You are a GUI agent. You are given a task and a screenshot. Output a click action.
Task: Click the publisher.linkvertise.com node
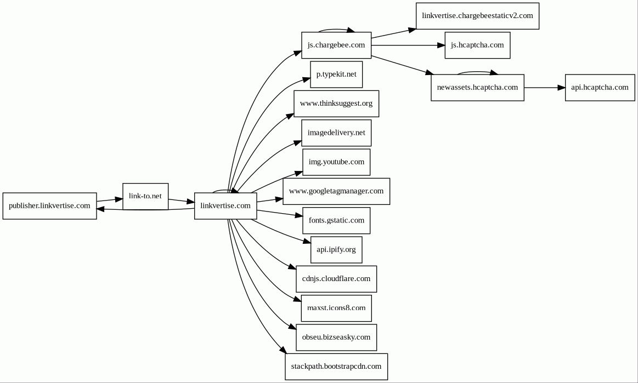(x=49, y=205)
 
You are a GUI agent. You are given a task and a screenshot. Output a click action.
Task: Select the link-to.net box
(x=145, y=196)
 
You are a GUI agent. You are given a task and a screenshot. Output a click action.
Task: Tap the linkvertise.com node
(x=225, y=205)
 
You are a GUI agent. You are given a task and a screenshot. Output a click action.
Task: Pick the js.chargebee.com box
(x=336, y=45)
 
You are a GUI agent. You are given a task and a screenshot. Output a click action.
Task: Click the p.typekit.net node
(x=336, y=75)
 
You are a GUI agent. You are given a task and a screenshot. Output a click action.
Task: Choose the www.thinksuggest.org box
(x=336, y=104)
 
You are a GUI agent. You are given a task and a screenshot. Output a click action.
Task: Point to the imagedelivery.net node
(x=336, y=133)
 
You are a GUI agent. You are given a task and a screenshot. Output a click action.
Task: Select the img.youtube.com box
(x=336, y=162)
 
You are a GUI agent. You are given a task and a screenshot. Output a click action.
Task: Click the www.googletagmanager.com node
(x=336, y=192)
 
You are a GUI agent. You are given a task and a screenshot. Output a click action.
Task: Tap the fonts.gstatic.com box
(x=336, y=221)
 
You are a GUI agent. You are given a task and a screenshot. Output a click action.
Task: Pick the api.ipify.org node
(x=336, y=250)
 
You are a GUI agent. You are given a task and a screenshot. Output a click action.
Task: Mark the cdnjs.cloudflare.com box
(x=336, y=279)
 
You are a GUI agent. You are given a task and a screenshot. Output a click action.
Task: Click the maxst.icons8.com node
(x=336, y=308)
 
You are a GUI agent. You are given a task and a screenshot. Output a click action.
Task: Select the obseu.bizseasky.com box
(x=336, y=338)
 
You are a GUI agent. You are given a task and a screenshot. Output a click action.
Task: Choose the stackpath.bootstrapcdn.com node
(x=336, y=367)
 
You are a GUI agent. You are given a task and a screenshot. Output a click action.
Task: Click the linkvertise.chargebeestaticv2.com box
(x=477, y=16)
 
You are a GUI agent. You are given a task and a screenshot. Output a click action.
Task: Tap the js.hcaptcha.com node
(x=477, y=45)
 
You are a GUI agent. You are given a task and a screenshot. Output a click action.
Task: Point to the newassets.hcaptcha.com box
(x=477, y=88)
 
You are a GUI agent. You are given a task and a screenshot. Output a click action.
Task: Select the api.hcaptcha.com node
(x=600, y=88)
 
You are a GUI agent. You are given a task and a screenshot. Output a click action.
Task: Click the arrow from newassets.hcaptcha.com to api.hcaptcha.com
(x=544, y=88)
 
